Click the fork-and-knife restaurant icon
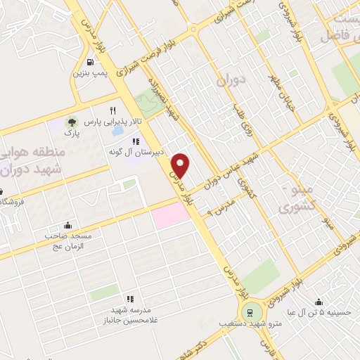[x=112, y=110]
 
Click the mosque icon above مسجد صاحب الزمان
[x=67, y=226]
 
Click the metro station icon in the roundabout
[x=249, y=311]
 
